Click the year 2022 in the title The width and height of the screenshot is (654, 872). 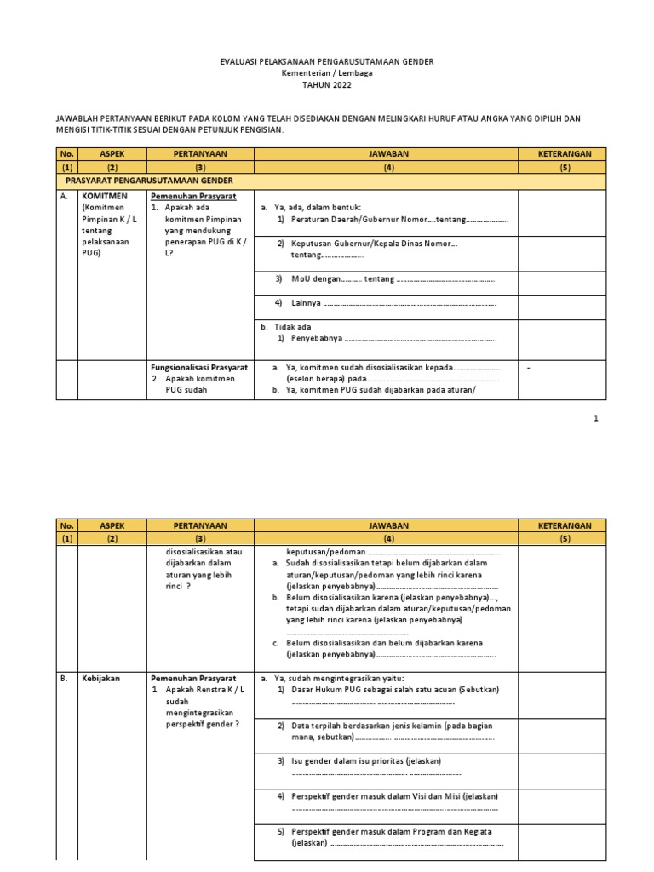click(x=338, y=85)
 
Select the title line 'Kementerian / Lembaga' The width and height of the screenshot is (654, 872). click(x=327, y=74)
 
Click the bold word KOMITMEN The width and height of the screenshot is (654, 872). click(x=105, y=196)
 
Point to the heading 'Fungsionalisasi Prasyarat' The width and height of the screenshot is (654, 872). click(x=199, y=367)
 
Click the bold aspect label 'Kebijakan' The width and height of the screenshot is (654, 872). click(x=101, y=678)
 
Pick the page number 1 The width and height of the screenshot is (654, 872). click(x=596, y=418)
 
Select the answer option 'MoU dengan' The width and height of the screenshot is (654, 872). click(x=316, y=279)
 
